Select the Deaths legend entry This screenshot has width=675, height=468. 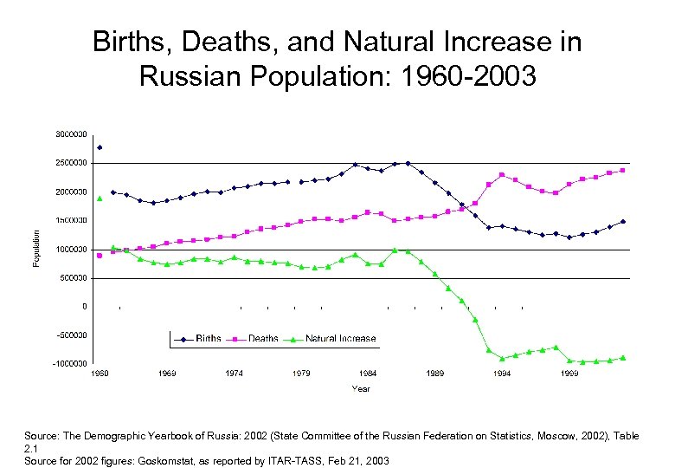point(262,339)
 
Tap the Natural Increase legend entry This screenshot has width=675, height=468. point(340,339)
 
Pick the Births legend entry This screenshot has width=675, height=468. point(208,339)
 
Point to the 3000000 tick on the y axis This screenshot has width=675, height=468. point(70,134)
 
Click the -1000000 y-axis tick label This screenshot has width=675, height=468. point(69,363)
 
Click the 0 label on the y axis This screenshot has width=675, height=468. point(84,306)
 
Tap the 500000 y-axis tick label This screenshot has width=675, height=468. point(73,277)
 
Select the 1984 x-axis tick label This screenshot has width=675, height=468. point(368,374)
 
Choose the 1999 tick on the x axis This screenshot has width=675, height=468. point(569,374)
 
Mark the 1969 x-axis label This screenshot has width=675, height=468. point(167,374)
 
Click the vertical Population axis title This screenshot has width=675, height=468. point(36,249)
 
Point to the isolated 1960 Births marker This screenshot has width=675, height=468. point(100,147)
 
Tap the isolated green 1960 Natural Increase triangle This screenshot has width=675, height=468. point(100,198)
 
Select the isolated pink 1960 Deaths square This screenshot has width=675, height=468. point(100,256)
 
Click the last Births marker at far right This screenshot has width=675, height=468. point(623,221)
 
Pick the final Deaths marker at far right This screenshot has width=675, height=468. point(623,170)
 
